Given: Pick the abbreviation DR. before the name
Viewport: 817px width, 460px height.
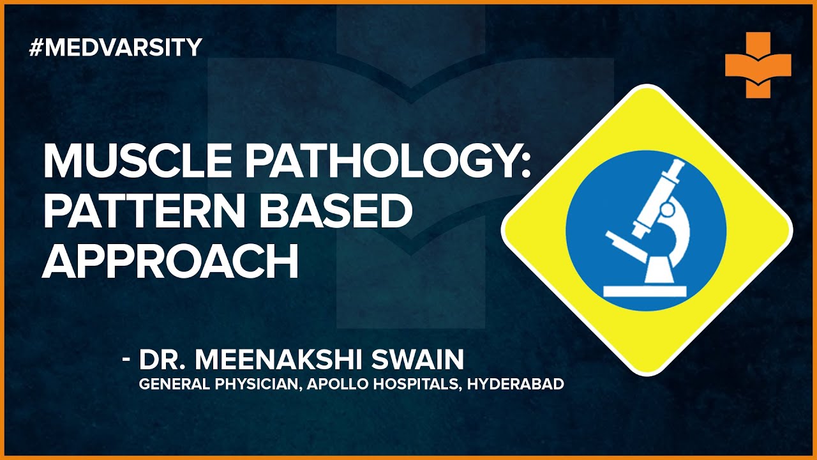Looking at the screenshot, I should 162,360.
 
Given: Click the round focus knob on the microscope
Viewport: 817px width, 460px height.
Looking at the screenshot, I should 667,210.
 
